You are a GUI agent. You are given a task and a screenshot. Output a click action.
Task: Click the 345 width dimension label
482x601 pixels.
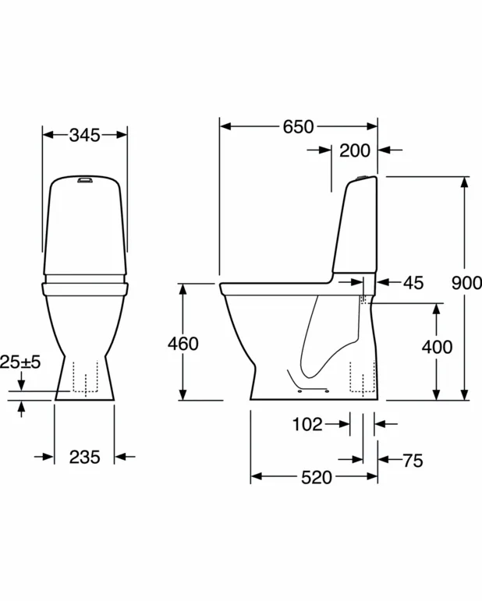click(85, 136)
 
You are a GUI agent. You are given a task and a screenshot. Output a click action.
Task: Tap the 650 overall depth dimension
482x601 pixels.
click(299, 127)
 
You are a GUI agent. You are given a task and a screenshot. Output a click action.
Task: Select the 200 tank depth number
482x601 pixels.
click(355, 150)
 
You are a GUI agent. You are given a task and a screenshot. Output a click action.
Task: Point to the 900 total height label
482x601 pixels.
click(466, 283)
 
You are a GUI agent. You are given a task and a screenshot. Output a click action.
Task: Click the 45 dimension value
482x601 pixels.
click(413, 283)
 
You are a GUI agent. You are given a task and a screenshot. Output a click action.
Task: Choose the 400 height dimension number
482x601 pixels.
click(437, 347)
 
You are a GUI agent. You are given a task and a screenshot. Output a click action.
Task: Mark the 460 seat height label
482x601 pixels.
click(183, 344)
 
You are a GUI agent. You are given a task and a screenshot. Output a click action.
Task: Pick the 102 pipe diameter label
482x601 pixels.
click(307, 424)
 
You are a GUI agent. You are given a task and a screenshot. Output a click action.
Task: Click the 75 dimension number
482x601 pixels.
click(413, 461)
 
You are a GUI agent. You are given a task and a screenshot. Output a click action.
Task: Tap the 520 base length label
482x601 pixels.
click(317, 478)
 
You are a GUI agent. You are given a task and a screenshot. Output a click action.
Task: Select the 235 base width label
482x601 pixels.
click(85, 457)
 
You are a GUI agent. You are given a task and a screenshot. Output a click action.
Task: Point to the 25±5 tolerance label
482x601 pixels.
click(20, 362)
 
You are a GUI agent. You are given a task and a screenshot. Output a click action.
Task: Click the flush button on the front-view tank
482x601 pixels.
click(85, 179)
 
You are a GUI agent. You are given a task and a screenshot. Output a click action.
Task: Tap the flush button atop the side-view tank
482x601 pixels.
click(362, 178)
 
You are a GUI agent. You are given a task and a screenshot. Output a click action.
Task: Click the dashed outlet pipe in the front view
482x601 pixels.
click(86, 377)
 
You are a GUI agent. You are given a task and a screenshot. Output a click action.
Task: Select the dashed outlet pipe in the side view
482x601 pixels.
click(363, 377)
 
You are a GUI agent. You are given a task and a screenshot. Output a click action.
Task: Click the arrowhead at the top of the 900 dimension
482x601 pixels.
click(465, 182)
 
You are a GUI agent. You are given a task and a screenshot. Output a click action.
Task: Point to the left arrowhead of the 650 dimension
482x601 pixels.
click(226, 126)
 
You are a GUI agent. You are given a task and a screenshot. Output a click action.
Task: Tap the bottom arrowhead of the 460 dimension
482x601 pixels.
click(183, 394)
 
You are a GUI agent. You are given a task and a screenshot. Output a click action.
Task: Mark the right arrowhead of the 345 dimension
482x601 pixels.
click(121, 135)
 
